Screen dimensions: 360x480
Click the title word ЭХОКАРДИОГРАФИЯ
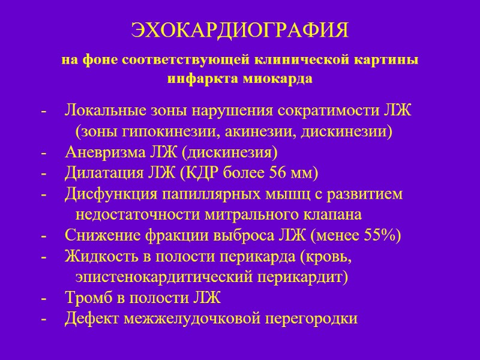239,30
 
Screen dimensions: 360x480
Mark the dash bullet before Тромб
43,298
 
